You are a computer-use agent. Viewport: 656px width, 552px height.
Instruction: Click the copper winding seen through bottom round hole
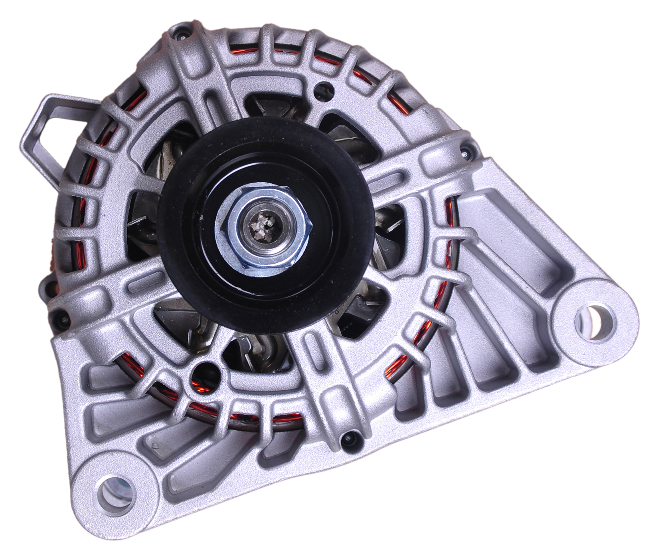[206, 385]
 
